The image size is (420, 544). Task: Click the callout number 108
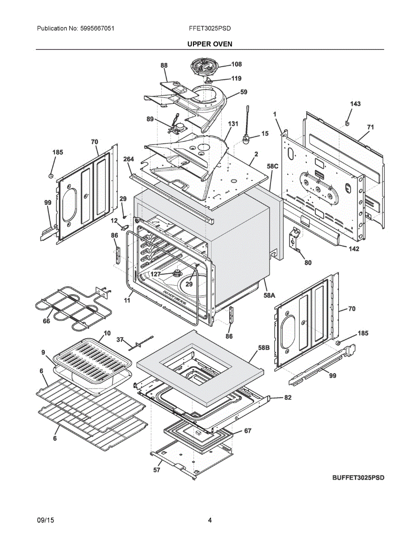[x=237, y=64]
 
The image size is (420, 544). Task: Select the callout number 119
[x=236, y=78]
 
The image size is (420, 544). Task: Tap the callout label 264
[x=129, y=159]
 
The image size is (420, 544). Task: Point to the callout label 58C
[x=272, y=166]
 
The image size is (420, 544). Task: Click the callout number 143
[x=355, y=104]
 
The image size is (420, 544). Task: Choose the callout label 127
[x=155, y=274]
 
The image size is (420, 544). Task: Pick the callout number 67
[x=247, y=431]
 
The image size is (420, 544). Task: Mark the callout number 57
[x=157, y=470]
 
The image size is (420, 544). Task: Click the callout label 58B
[x=264, y=348]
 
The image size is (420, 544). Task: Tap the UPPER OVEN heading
[x=210, y=44]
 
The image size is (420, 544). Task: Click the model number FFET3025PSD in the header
[x=210, y=29]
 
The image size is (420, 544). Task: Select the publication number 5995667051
[x=97, y=29]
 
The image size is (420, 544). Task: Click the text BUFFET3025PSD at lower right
[x=358, y=478]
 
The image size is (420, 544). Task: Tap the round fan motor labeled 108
[x=204, y=67]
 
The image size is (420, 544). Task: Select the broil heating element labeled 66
[x=74, y=308]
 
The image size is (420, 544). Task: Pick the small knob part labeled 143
[x=347, y=123]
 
